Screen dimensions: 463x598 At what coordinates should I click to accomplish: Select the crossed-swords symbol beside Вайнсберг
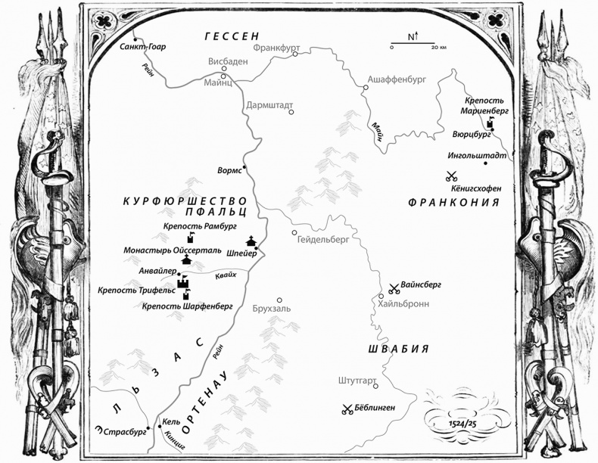(394, 287)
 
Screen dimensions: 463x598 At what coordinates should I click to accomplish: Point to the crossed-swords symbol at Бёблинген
(347, 409)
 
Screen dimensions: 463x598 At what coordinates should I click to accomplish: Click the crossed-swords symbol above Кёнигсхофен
(452, 177)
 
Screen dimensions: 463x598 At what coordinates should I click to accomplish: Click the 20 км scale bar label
(438, 47)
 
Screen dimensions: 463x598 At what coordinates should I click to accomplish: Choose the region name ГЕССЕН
(232, 36)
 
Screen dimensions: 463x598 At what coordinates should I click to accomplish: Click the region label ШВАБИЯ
(398, 348)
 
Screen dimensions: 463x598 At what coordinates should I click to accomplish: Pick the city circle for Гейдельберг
(294, 232)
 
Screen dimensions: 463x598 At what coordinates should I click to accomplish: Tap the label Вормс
(229, 170)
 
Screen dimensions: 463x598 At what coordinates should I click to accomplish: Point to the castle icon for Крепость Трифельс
(182, 283)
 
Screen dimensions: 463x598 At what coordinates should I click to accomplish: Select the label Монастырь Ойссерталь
(172, 249)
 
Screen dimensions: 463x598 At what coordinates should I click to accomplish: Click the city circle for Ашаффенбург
(365, 88)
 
